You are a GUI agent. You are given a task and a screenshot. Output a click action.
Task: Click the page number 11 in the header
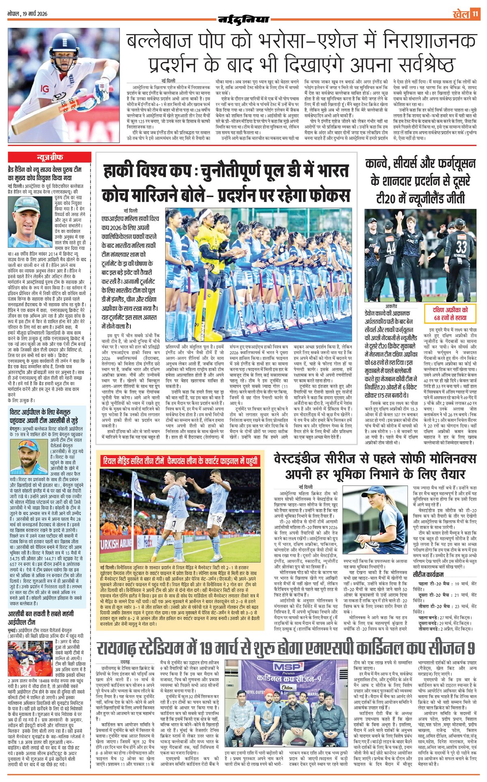pos(475,14)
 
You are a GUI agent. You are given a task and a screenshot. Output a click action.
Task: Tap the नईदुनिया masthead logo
pos(243,19)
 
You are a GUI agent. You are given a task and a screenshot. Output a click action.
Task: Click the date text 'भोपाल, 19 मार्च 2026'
pos(28,14)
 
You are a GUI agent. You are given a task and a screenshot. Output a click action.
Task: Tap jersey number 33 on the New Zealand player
pos(461,247)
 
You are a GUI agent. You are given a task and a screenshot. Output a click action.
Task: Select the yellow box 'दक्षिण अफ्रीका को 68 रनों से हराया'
pos(450,313)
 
